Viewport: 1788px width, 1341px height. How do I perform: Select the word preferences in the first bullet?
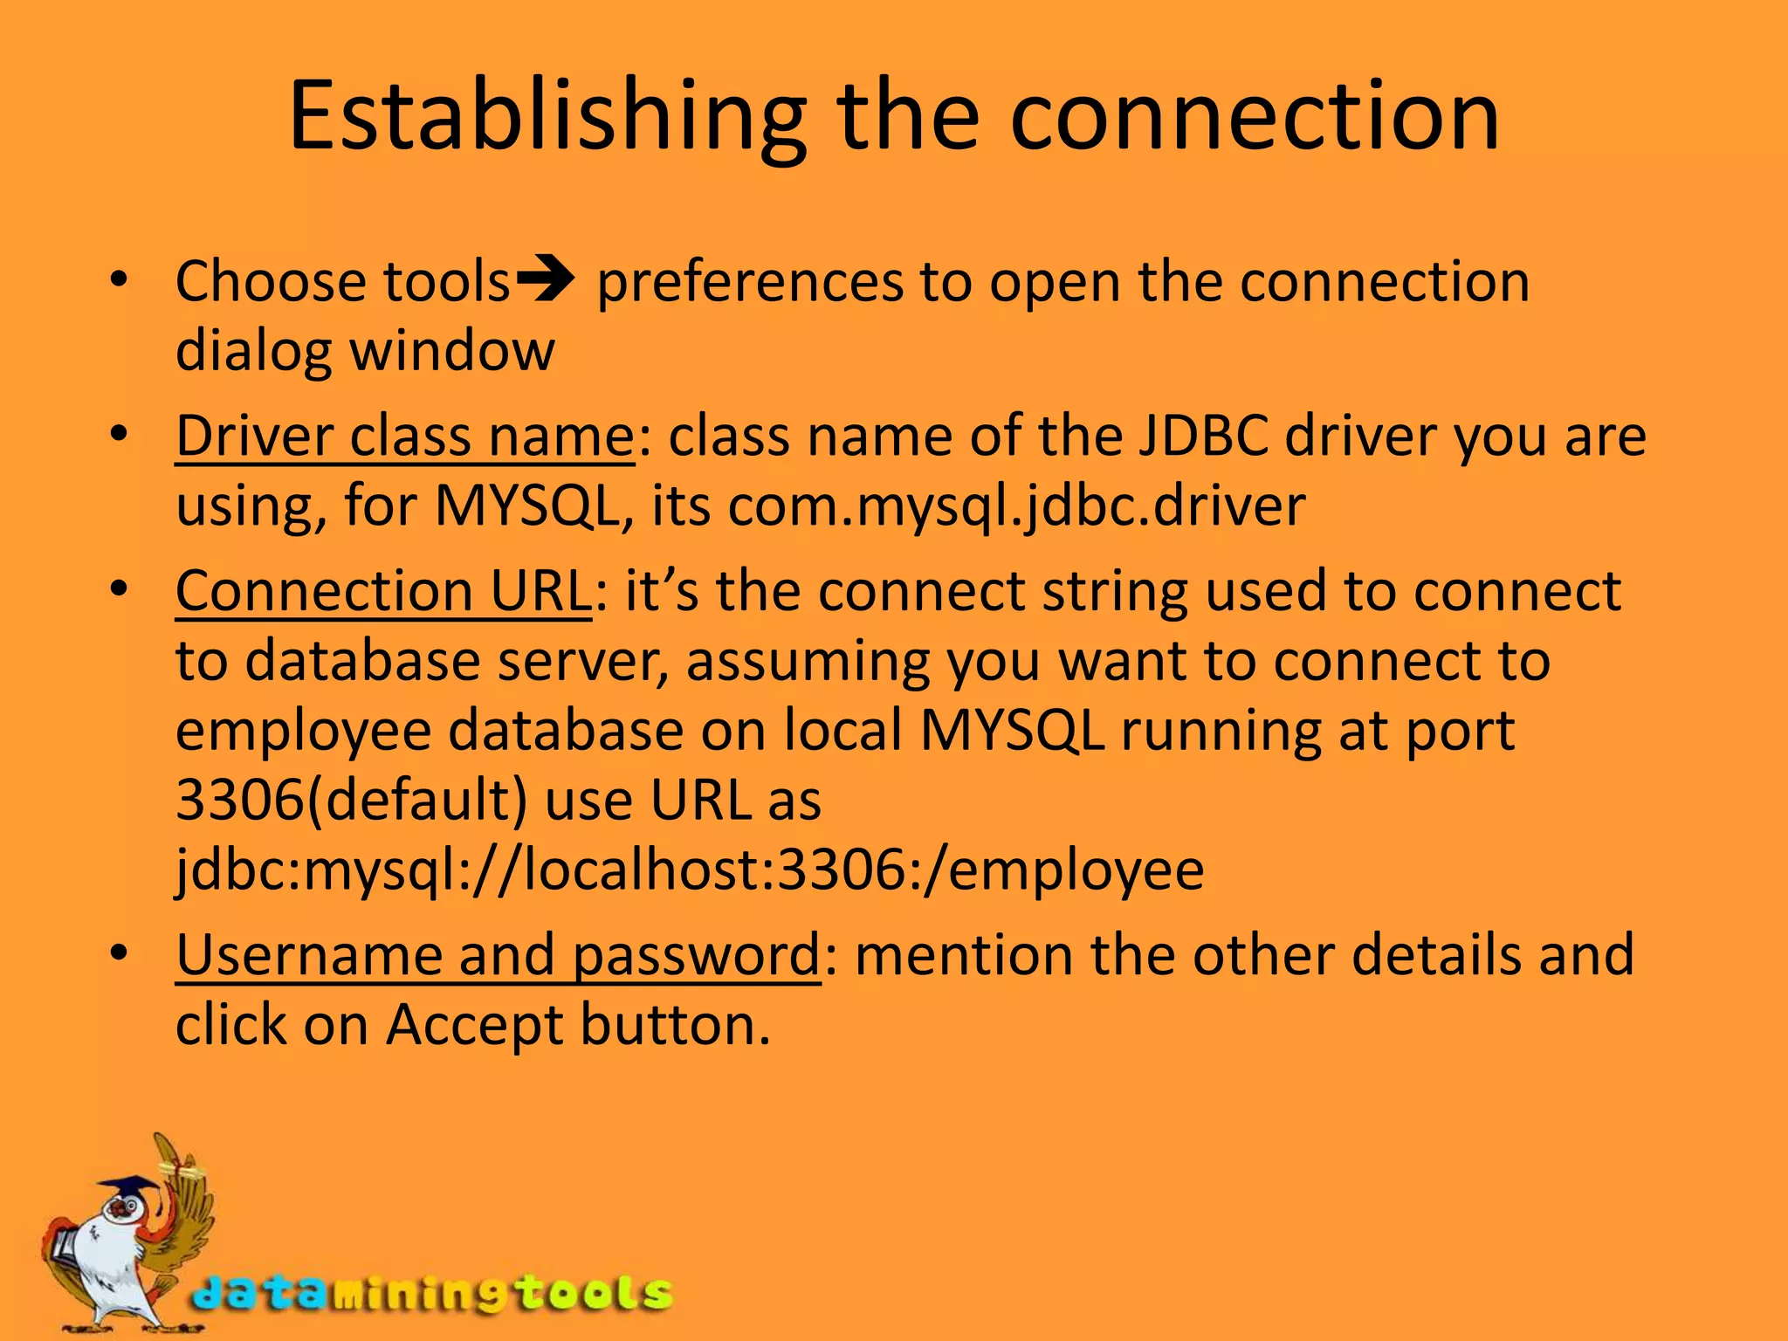[750, 283]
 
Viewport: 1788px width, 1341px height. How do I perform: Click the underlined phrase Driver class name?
[405, 437]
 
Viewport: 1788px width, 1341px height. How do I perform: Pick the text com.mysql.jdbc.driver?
[1016, 506]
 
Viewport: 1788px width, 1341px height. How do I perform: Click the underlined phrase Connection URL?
[384, 592]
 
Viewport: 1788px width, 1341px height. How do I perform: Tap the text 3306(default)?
[352, 800]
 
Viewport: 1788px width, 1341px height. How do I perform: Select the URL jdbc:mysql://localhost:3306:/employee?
[690, 870]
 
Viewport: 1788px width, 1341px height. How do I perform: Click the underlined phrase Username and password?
[498, 955]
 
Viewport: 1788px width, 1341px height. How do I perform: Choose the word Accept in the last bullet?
[474, 1025]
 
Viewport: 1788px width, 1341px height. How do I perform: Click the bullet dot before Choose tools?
[119, 281]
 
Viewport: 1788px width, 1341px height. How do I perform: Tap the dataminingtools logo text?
[432, 1293]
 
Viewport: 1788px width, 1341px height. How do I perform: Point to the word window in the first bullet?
[452, 351]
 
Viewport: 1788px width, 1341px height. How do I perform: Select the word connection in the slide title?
[1254, 118]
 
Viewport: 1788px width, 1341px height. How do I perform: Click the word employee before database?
[304, 732]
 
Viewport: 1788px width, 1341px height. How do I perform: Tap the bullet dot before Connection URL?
[119, 588]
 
